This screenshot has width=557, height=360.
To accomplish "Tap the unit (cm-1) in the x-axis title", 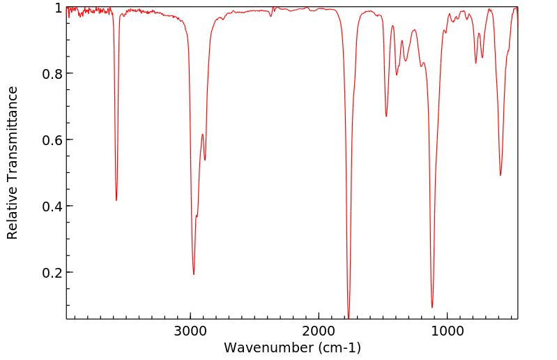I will pos(338,347).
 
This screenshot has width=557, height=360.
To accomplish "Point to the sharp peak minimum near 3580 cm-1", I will pos(116,200).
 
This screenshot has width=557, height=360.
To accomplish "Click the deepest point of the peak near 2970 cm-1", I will pos(194,274).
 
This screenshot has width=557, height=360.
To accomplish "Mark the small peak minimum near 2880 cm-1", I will pos(205,160).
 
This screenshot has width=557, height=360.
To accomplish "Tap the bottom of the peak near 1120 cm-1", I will pos(432,307).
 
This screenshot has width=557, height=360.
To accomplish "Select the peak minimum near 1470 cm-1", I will pos(387,117).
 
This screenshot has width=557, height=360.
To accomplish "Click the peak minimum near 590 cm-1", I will pos(501,175).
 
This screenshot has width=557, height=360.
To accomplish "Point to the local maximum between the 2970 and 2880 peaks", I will pos(202,135).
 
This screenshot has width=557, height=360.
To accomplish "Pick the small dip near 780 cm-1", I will pos(476,63).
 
